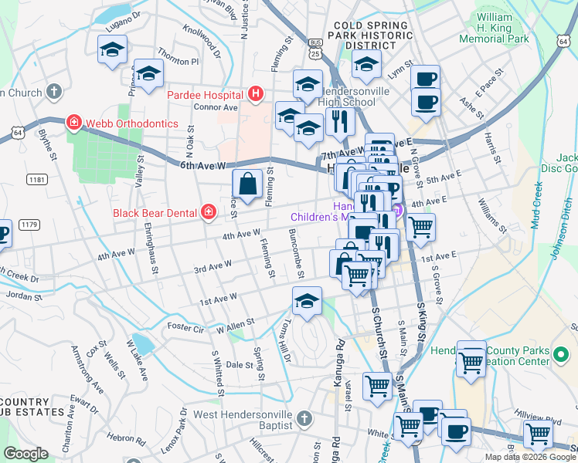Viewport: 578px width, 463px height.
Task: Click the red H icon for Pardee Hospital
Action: pos(257,94)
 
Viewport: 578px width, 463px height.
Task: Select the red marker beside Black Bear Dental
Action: pos(208,212)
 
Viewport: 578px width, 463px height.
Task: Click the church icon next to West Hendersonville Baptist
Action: pos(304,418)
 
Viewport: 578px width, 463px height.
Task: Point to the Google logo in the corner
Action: pos(26,454)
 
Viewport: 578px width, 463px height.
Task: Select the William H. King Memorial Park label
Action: pos(503,27)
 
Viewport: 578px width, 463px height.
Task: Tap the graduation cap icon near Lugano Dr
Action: pos(113,50)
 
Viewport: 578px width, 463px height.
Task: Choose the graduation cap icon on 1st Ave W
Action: pos(307,301)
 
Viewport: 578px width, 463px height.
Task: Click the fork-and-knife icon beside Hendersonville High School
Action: pos(339,120)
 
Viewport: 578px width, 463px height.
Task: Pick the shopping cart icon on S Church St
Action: pos(377,385)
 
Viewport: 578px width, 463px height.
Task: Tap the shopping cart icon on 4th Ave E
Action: pos(420,227)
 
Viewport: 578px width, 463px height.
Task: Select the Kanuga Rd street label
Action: pos(337,352)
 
